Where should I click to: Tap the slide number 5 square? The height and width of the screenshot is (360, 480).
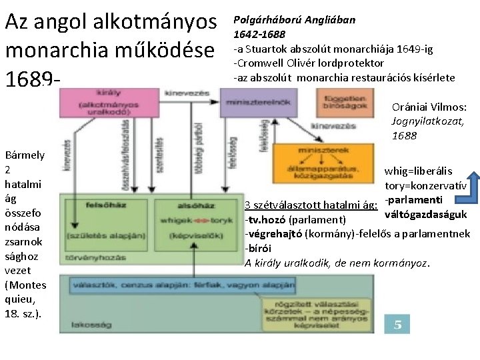[398, 325]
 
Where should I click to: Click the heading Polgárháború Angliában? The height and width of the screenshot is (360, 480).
[294, 19]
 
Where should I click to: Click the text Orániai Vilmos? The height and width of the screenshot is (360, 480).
[429, 107]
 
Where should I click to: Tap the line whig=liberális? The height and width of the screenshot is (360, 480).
[418, 171]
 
